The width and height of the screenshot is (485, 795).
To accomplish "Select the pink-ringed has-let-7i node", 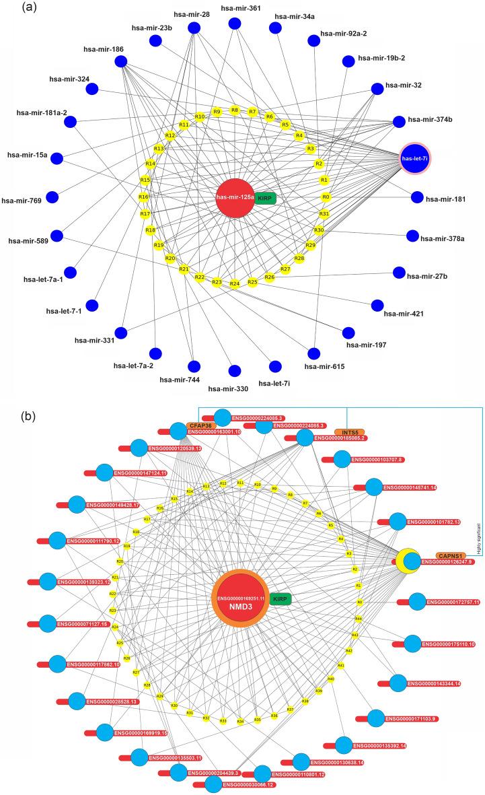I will tap(414, 158).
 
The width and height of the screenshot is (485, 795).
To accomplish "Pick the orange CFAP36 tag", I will tap(200, 425).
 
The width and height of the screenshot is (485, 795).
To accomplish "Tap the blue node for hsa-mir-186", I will tap(121, 62).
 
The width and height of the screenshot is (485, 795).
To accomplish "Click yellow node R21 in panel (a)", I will tap(182, 269).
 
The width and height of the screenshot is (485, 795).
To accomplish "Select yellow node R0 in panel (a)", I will tap(326, 197).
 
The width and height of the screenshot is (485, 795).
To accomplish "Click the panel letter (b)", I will tap(13, 398).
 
